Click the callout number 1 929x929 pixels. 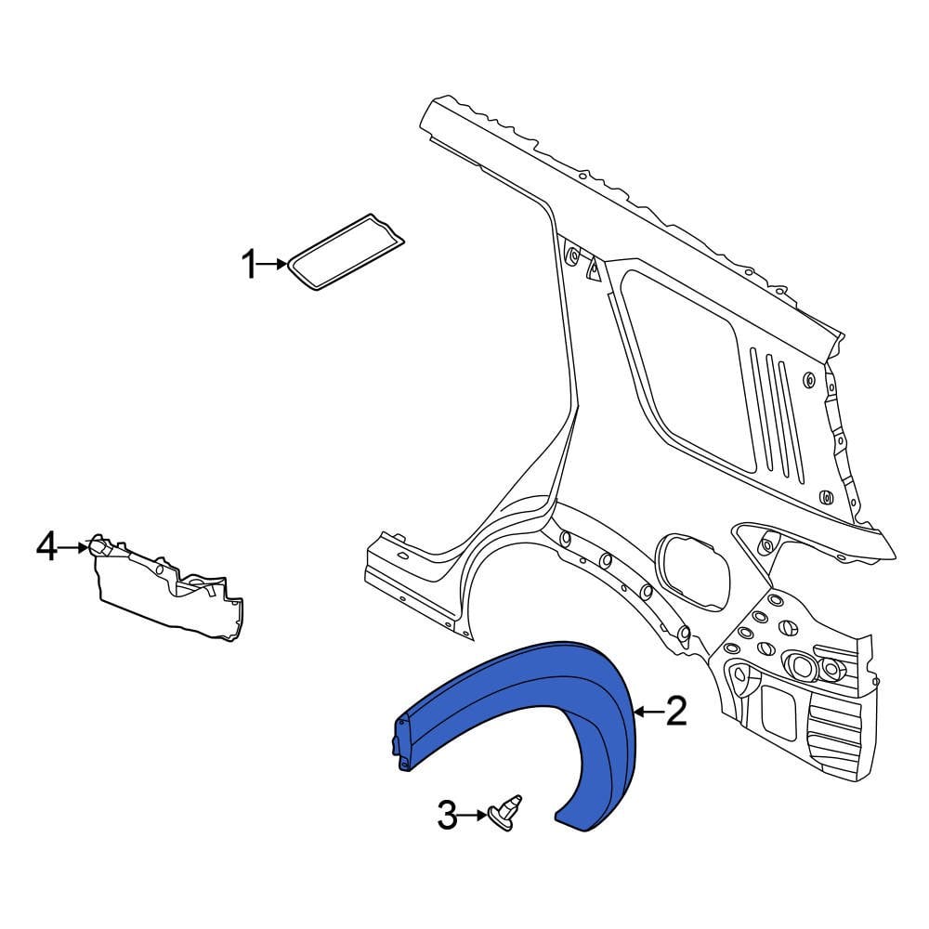249,267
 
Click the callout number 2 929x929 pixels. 675,713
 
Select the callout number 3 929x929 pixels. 447,818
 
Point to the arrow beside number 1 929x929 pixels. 274,266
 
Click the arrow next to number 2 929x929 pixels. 648,713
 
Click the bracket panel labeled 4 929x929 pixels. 167,591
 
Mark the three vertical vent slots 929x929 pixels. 779,409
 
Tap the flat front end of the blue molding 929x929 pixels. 405,741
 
